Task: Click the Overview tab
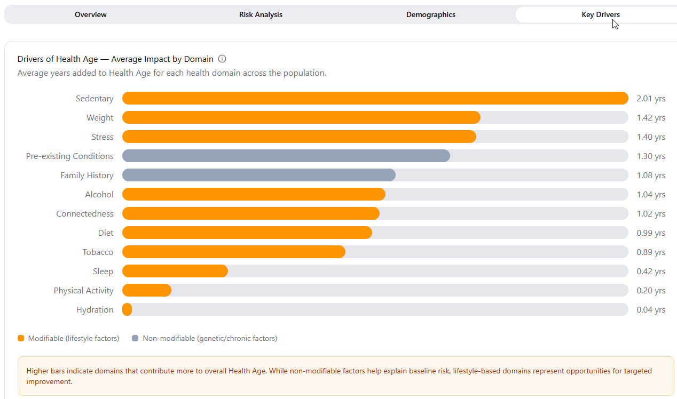(x=90, y=14)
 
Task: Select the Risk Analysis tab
(x=261, y=14)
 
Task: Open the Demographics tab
(x=430, y=14)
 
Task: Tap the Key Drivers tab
(x=600, y=14)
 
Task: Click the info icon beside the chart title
(x=222, y=59)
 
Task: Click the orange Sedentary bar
(x=375, y=98)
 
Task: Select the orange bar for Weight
(x=301, y=117)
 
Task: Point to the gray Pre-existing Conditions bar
(x=286, y=156)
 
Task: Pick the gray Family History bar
(x=258, y=175)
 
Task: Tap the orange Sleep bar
(x=175, y=271)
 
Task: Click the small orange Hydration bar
(x=127, y=309)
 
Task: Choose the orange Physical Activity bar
(x=146, y=290)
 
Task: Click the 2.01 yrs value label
(x=651, y=99)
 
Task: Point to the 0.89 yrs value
(x=651, y=252)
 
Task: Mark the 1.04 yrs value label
(x=651, y=195)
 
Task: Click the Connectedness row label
(x=85, y=213)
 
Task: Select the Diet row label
(x=106, y=233)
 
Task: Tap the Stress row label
(x=102, y=137)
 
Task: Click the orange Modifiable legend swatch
(x=21, y=338)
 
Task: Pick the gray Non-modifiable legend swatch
(x=135, y=338)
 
